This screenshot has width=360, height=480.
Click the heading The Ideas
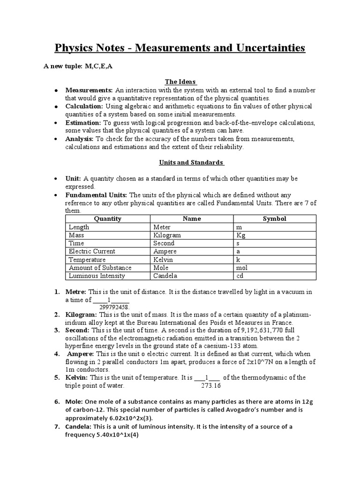pyautogui.click(x=180, y=82)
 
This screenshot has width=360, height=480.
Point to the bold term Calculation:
pyautogui.click(x=84, y=106)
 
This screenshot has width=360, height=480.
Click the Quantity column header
pyautogui.click(x=107, y=218)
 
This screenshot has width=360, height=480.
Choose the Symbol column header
pyautogui.click(x=274, y=218)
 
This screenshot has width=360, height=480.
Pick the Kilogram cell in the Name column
pyautogui.click(x=167, y=235)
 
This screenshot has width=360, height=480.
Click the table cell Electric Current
pyautogui.click(x=92, y=251)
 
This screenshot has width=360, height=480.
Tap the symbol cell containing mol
pyautogui.click(x=242, y=268)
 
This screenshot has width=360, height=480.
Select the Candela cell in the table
pyautogui.click(x=165, y=276)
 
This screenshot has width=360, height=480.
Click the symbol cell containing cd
pyautogui.click(x=240, y=276)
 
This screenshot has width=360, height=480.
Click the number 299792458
pyautogui.click(x=114, y=307)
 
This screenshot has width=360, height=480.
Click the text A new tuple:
pyautogui.click(x=63, y=66)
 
